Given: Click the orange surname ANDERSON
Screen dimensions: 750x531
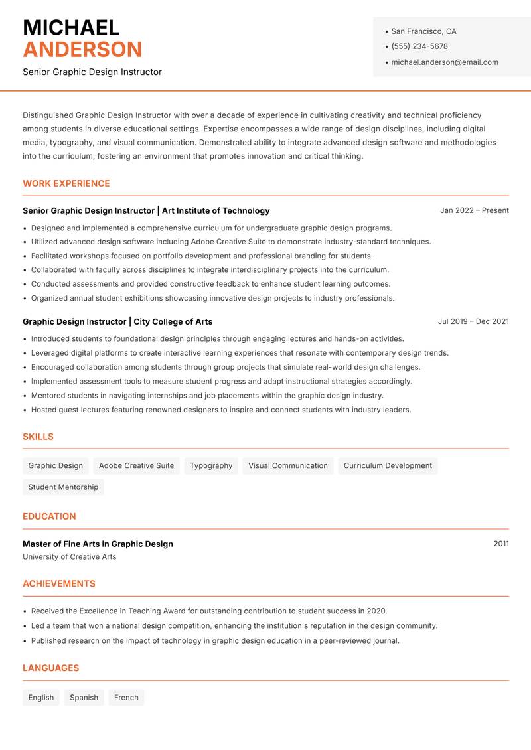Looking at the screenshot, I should click(82, 50).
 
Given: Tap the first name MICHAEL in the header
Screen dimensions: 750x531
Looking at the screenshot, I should click(71, 27).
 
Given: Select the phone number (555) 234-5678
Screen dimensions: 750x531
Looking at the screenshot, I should click(419, 46).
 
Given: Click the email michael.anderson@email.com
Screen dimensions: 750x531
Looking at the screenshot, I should click(444, 62).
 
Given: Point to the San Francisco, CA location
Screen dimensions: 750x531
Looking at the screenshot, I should click(423, 31).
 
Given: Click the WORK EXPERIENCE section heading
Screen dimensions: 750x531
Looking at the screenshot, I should click(66, 183).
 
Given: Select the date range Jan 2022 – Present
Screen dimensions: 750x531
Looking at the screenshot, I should click(474, 210).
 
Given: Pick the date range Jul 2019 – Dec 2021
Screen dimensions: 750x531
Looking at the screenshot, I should click(473, 321).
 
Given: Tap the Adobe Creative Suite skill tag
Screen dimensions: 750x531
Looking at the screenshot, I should click(136, 465).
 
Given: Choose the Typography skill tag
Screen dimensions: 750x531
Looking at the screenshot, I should click(211, 465).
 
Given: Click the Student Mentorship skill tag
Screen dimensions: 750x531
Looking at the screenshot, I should click(63, 487).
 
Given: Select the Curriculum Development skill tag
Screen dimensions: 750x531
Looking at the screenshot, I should click(388, 465).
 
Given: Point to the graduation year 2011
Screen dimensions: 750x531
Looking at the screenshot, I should click(501, 544).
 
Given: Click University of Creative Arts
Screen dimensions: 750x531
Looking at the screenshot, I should click(69, 557).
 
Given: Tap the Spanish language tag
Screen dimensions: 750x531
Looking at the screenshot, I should click(84, 698).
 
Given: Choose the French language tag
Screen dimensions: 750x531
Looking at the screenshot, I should click(126, 698).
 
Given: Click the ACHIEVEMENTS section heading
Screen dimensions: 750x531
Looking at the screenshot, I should click(59, 584).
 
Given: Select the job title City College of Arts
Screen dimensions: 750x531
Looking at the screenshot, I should click(173, 321).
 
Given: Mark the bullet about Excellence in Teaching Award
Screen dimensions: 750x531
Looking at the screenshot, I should click(209, 611).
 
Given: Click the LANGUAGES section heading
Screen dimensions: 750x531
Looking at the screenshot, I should click(50, 668).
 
